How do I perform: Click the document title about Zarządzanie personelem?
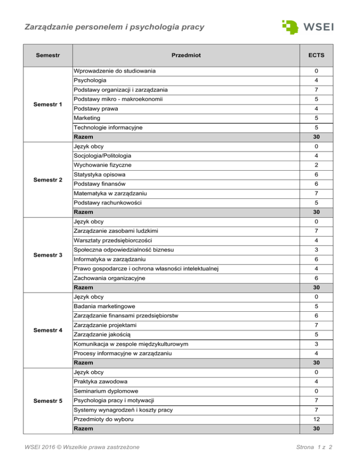(x=114, y=27)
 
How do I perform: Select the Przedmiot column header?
(x=186, y=56)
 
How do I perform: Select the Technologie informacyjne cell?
(x=107, y=127)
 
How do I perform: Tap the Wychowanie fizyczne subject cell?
(x=102, y=165)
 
